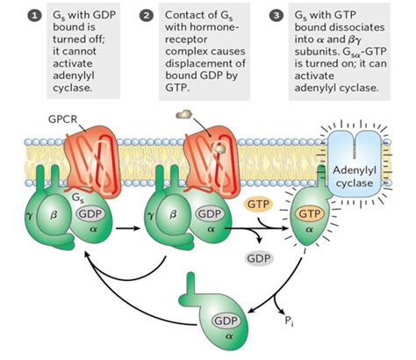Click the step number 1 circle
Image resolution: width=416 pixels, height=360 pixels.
click(34, 16)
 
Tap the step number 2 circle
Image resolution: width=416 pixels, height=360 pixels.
click(147, 16)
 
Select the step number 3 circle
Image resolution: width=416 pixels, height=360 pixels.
click(276, 16)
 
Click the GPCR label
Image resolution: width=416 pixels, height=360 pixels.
click(62, 119)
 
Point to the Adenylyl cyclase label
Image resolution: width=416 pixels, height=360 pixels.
click(355, 176)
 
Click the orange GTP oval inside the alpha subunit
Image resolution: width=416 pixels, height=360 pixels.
click(310, 214)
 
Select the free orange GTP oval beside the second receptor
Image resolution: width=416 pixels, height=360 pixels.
click(258, 205)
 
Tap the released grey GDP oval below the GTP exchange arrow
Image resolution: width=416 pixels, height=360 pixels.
click(259, 258)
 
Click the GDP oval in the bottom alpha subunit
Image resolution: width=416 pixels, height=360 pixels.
click(226, 320)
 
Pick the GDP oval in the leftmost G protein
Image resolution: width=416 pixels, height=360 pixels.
click(90, 214)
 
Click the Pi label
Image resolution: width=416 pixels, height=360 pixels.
click(289, 320)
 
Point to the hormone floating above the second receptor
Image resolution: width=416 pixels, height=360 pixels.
click(183, 114)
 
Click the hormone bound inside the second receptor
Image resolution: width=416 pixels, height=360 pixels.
click(219, 148)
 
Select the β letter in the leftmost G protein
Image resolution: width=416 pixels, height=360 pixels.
click(54, 215)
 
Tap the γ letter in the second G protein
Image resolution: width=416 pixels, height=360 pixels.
click(151, 216)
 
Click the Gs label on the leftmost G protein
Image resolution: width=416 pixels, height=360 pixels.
click(77, 198)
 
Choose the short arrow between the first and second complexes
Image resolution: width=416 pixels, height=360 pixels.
click(128, 228)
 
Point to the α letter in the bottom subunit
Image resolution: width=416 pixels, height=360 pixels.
click(229, 336)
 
